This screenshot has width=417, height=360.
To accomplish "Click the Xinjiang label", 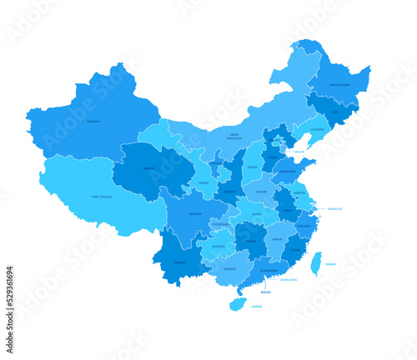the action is (93, 122).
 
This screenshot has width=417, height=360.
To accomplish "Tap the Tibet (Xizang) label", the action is (103, 197).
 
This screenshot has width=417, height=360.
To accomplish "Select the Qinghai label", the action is (149, 168).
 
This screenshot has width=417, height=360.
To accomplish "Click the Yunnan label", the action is (179, 262).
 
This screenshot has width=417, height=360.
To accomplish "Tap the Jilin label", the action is (334, 111).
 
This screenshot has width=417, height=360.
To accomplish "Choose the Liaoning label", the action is (317, 130).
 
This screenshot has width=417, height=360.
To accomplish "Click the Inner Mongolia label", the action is (239, 136).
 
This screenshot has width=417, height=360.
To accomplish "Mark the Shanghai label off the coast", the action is (334, 209).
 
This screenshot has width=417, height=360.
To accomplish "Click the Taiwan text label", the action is (331, 263).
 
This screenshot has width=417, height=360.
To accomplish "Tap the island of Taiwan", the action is (316, 264).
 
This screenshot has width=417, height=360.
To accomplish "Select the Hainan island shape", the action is (238, 304).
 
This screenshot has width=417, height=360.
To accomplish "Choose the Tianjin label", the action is (299, 152).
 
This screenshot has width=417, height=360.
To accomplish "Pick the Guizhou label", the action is (219, 247).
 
